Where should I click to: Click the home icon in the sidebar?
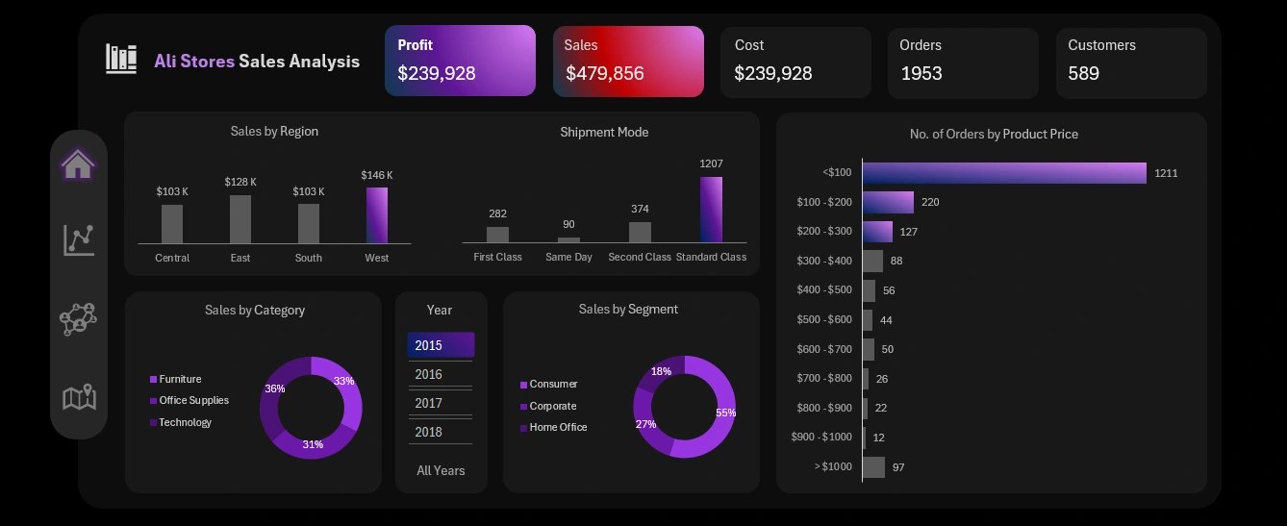[x=78, y=164]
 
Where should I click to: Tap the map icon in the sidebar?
[x=79, y=396]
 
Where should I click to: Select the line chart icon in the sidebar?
[x=79, y=239]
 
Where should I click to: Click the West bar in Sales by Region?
[x=377, y=214]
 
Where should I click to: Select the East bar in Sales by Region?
[x=240, y=219]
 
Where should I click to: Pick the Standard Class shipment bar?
[x=711, y=210]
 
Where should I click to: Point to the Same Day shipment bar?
[x=569, y=239]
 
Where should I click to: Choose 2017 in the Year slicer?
[x=429, y=403]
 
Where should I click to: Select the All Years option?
[x=441, y=470]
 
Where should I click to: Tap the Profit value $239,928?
[x=437, y=73]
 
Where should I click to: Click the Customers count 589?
[x=1083, y=73]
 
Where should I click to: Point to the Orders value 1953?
[x=921, y=73]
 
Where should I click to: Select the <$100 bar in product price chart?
[x=1004, y=173]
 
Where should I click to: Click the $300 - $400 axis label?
[x=824, y=261]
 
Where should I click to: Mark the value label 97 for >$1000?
[x=898, y=467]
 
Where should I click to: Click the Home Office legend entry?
[x=558, y=427]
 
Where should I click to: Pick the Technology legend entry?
[x=185, y=422]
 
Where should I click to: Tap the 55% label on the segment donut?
[x=725, y=413]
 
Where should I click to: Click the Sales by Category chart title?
[x=254, y=310]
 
